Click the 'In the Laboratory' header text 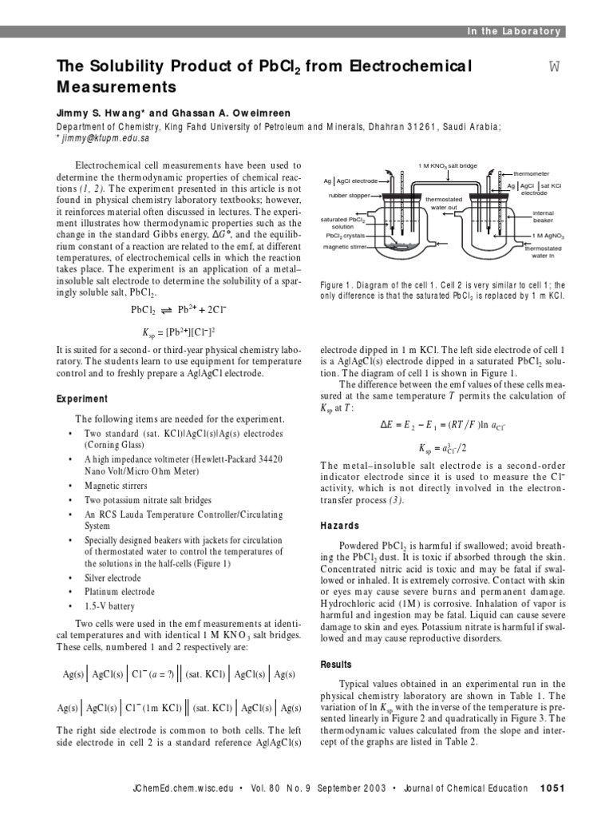pyautogui.click(x=514, y=31)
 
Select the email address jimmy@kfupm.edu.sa pyautogui.click(x=105, y=138)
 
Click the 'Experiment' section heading pyautogui.click(x=82, y=399)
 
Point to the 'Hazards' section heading pyautogui.click(x=340, y=526)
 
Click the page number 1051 pyautogui.click(x=552, y=788)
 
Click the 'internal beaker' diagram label pyautogui.click(x=542, y=217)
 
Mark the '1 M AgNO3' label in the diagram pyautogui.click(x=548, y=236)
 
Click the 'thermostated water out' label pyautogui.click(x=442, y=203)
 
